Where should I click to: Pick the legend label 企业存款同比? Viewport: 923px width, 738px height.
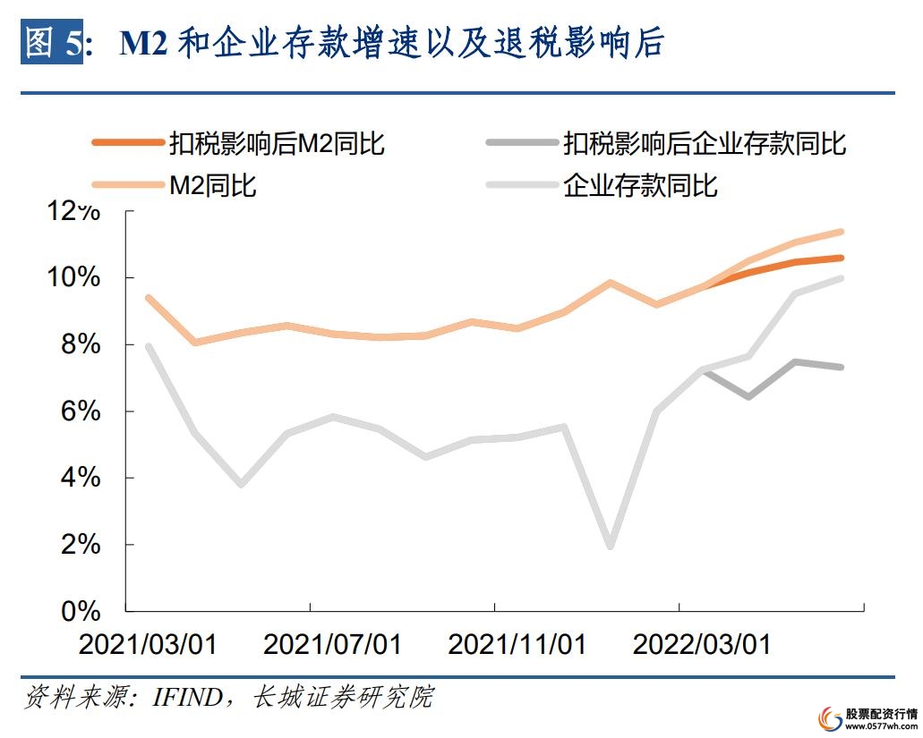(x=639, y=186)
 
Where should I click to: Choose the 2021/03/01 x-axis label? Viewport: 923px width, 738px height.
(x=148, y=645)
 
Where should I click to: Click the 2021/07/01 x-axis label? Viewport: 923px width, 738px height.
(x=332, y=645)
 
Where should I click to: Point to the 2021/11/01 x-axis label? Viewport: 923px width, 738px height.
(x=517, y=645)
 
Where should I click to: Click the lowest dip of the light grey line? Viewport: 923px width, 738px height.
(x=611, y=546)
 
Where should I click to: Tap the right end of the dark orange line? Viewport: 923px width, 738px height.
(x=841, y=258)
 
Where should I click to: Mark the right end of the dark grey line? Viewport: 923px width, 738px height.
(x=841, y=367)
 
